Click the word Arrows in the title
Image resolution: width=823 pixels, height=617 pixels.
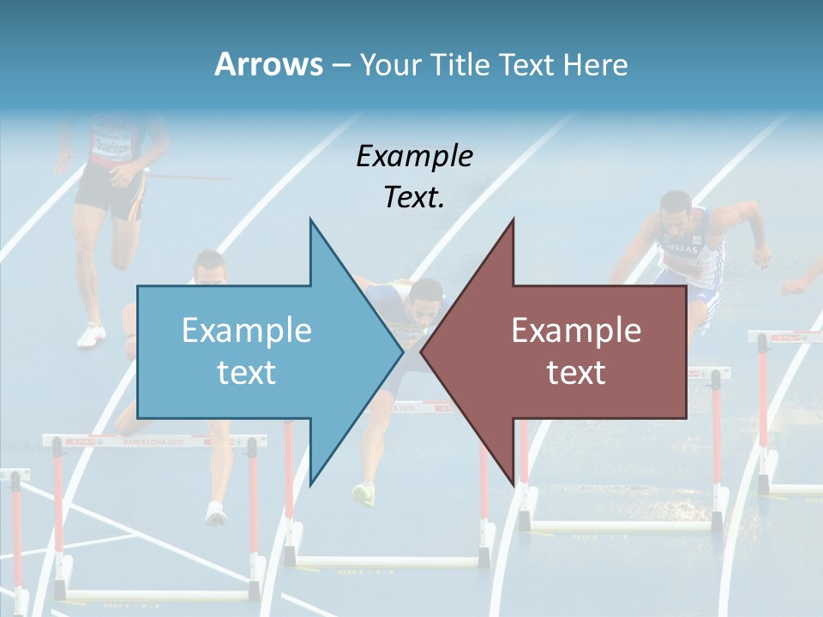268,64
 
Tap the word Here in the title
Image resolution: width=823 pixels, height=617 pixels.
594,65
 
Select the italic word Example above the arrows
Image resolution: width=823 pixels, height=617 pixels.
414,156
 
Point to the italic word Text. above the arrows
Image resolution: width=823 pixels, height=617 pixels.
414,197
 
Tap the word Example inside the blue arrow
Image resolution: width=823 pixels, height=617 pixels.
247,330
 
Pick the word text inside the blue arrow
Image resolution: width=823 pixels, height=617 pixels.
247,372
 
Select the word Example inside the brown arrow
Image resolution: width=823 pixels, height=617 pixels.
576,330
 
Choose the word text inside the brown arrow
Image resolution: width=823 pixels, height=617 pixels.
576,372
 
